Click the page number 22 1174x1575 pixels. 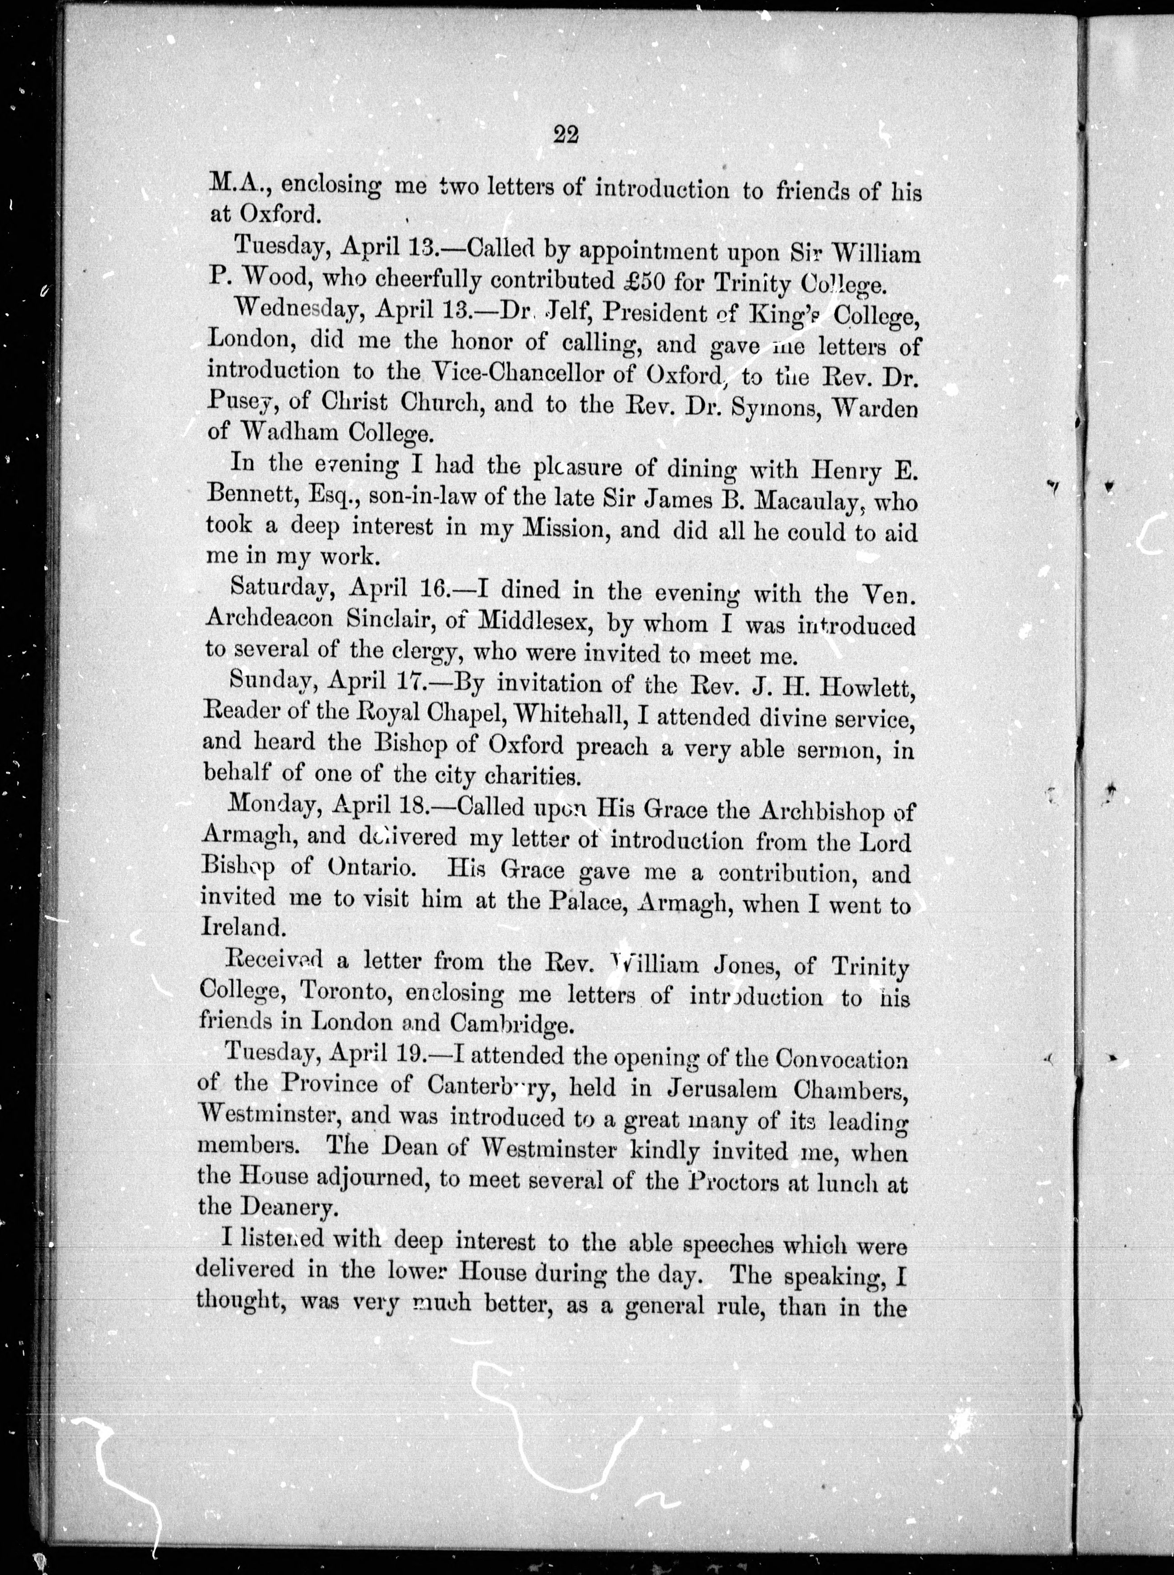click(x=566, y=134)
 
